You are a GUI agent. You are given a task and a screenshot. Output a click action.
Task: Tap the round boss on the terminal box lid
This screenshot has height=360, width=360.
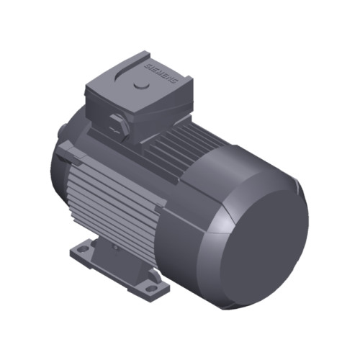141,84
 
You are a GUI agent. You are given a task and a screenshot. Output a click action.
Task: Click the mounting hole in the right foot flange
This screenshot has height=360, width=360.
150,287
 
